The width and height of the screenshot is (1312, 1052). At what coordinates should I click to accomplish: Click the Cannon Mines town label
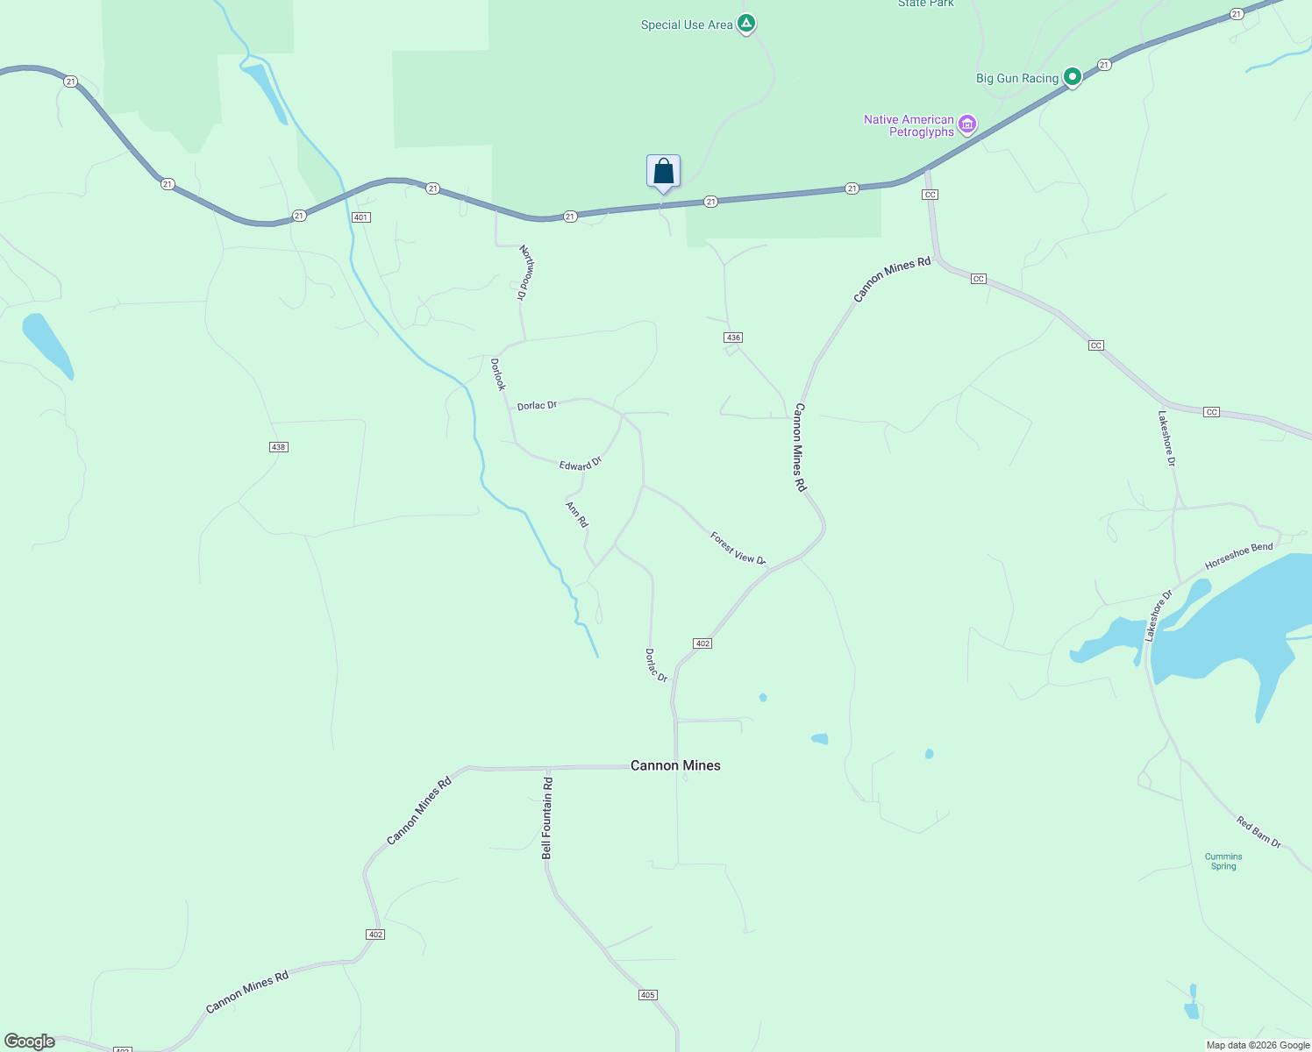675,765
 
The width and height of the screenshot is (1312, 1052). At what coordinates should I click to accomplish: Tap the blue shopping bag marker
663,172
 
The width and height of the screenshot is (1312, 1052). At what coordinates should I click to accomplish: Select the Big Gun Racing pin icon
1072,77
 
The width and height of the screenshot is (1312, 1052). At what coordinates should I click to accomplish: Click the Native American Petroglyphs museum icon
967,125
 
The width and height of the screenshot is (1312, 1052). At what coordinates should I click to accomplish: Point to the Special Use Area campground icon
745,23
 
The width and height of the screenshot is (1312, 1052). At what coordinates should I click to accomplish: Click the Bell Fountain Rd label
547,817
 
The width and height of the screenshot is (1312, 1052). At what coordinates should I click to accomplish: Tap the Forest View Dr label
738,548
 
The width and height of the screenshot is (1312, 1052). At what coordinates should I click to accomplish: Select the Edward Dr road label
581,463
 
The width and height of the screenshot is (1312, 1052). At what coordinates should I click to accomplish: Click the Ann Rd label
576,515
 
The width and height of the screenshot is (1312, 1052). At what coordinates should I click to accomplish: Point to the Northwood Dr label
525,273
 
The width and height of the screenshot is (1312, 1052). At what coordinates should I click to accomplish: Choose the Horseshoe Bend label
1238,556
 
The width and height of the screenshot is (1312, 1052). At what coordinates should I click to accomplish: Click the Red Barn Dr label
1259,832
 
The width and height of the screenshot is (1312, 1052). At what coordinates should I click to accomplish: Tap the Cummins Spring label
1223,861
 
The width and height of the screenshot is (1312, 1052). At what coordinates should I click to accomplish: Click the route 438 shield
278,447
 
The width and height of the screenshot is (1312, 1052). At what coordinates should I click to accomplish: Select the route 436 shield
733,338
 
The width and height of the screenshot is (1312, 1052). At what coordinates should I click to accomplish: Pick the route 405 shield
647,995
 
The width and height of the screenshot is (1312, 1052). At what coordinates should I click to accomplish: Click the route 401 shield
360,217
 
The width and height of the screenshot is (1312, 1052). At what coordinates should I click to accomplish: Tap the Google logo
30,1041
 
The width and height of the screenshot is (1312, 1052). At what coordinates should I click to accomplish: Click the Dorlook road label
498,374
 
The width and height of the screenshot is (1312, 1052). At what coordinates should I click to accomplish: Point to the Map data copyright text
1258,1045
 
